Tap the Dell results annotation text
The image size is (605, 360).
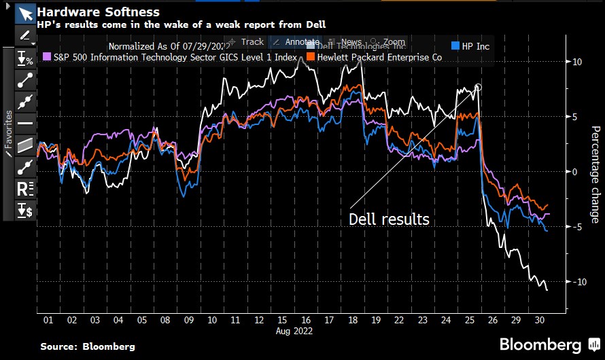[x=389, y=219]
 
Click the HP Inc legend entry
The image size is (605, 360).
[x=476, y=46]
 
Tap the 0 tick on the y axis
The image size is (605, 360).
[x=574, y=172]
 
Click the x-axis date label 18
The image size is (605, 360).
[x=351, y=320]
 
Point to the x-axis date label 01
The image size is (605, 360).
[x=48, y=320]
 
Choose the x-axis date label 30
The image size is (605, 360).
[x=539, y=320]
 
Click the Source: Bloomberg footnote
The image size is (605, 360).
[x=87, y=346]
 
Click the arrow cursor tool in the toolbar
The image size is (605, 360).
[x=25, y=14]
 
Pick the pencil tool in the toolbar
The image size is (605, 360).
[x=25, y=35]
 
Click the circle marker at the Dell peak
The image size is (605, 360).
[x=478, y=87]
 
